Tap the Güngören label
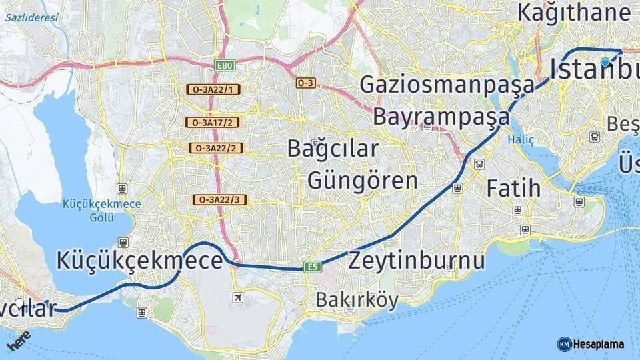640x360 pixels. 363,180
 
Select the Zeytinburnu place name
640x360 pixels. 417,260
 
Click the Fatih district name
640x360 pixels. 513,188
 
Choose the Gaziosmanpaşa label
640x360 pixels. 447,85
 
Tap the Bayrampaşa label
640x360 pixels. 441,117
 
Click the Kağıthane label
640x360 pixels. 573,13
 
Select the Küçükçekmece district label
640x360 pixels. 139,260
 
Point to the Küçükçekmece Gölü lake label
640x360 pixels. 102,209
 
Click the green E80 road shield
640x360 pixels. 224,65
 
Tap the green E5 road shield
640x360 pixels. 312,267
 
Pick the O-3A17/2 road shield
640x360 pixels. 213,123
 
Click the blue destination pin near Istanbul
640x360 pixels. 605,62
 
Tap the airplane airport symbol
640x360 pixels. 238,297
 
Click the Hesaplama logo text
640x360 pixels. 599,344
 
